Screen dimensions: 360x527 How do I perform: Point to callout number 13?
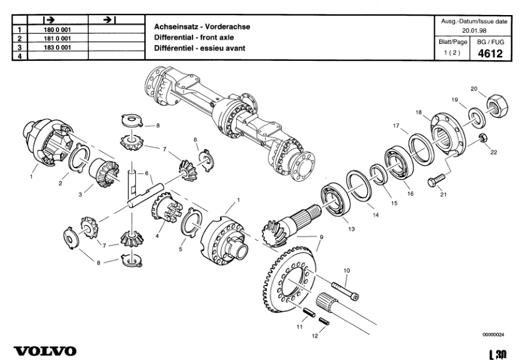pyautogui.click(x=352, y=230)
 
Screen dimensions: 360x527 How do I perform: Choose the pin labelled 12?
pyautogui.click(x=323, y=321)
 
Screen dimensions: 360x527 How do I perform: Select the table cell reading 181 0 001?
pyautogui.click(x=56, y=38)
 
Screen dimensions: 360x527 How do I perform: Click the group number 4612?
pyautogui.click(x=490, y=53)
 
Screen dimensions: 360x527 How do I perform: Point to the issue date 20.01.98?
pyautogui.click(x=476, y=30)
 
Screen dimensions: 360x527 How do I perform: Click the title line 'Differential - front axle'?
pyautogui.click(x=189, y=38)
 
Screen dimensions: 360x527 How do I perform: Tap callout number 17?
pyautogui.click(x=396, y=126)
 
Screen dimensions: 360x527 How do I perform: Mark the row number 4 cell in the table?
pyautogui.click(x=19, y=56)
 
